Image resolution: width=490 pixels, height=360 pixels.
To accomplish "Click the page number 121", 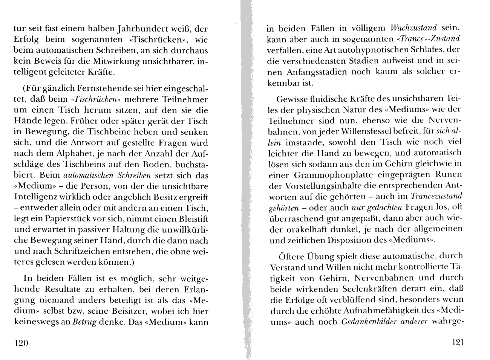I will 457,342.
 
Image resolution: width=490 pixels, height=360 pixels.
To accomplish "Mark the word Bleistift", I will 190,219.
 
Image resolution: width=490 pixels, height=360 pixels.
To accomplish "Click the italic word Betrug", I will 84,322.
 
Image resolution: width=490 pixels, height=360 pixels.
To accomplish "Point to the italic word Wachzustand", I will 413,28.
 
